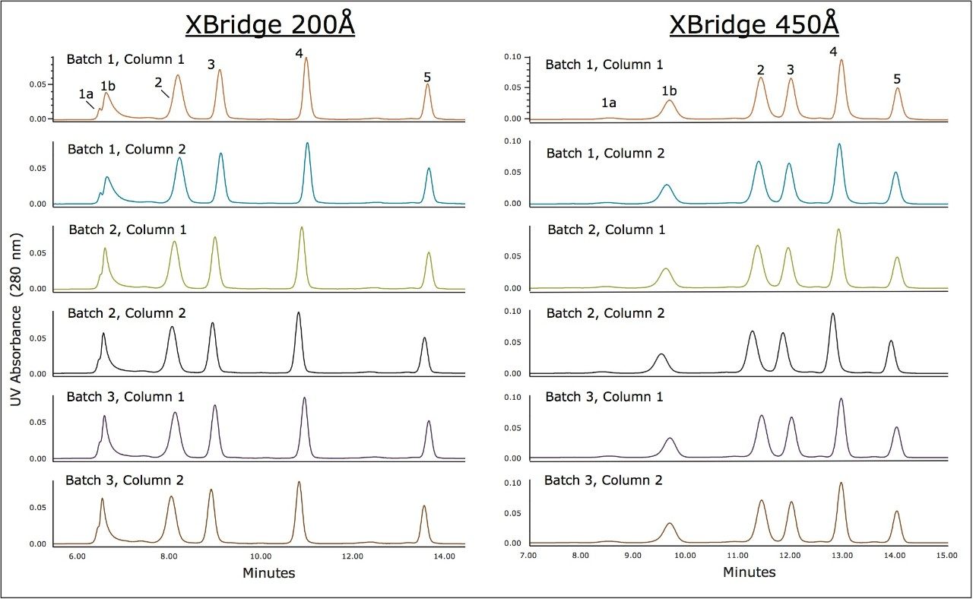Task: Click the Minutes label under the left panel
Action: (268, 572)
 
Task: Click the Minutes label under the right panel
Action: (749, 572)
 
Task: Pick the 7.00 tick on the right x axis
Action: (529, 556)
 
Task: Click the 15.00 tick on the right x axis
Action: (946, 556)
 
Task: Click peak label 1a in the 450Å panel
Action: (608, 103)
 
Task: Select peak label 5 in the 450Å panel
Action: (897, 79)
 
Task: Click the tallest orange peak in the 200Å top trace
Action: (306, 59)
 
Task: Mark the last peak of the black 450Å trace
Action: (891, 342)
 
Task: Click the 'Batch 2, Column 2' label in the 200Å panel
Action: (126, 313)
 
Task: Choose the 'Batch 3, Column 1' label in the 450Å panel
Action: (604, 397)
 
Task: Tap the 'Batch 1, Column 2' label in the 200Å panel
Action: (126, 149)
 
